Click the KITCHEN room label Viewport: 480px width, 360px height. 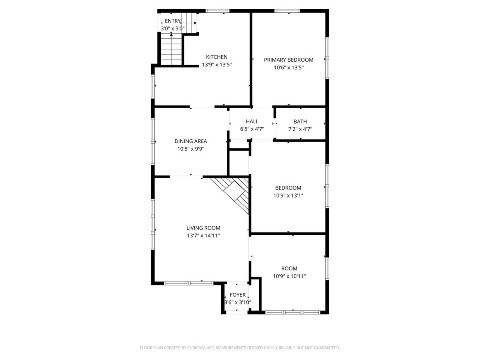coord(216,57)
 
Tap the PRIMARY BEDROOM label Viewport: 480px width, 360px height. coord(288,60)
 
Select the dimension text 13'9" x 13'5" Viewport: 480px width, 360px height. coord(216,65)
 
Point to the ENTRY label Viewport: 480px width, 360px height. coord(172,21)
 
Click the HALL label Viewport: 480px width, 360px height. coord(252,121)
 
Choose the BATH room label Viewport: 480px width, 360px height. coord(300,121)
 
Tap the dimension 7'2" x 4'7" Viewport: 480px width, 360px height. coord(300,129)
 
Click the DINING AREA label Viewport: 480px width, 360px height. coord(191,141)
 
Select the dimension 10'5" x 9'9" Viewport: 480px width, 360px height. coord(191,149)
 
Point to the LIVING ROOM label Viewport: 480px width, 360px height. coord(203,228)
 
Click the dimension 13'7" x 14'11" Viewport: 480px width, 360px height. coord(203,236)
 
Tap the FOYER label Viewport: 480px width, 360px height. coord(238,295)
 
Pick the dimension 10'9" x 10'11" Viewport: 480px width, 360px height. coord(289,276)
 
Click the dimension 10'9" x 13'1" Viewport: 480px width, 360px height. coord(288,196)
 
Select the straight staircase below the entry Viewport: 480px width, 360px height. coord(171,49)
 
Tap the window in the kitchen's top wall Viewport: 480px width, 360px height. coord(217,11)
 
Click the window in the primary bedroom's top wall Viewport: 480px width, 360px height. coord(287,11)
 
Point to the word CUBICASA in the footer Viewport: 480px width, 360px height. coord(196,348)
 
